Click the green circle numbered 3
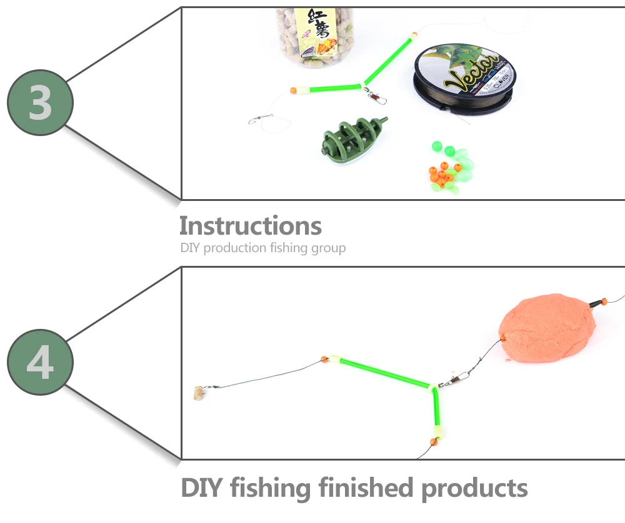coord(40,103)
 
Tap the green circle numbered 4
coord(40,363)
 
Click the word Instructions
coord(250,225)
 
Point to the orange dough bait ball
coord(542,331)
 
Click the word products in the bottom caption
coord(475,489)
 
